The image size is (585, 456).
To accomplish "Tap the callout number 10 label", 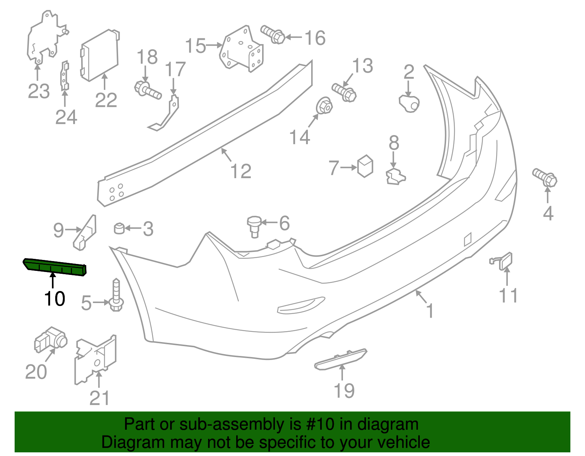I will point(54,299).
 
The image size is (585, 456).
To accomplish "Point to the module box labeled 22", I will point(99,55).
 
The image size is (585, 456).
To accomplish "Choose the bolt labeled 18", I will point(148,90).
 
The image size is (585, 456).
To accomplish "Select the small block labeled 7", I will point(365,166).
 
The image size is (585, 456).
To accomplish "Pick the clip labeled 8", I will point(395,176).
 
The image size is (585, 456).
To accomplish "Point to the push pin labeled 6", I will point(255,226).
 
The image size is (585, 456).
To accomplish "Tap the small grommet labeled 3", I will point(119,228).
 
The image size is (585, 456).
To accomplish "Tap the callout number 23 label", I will point(39,91).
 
